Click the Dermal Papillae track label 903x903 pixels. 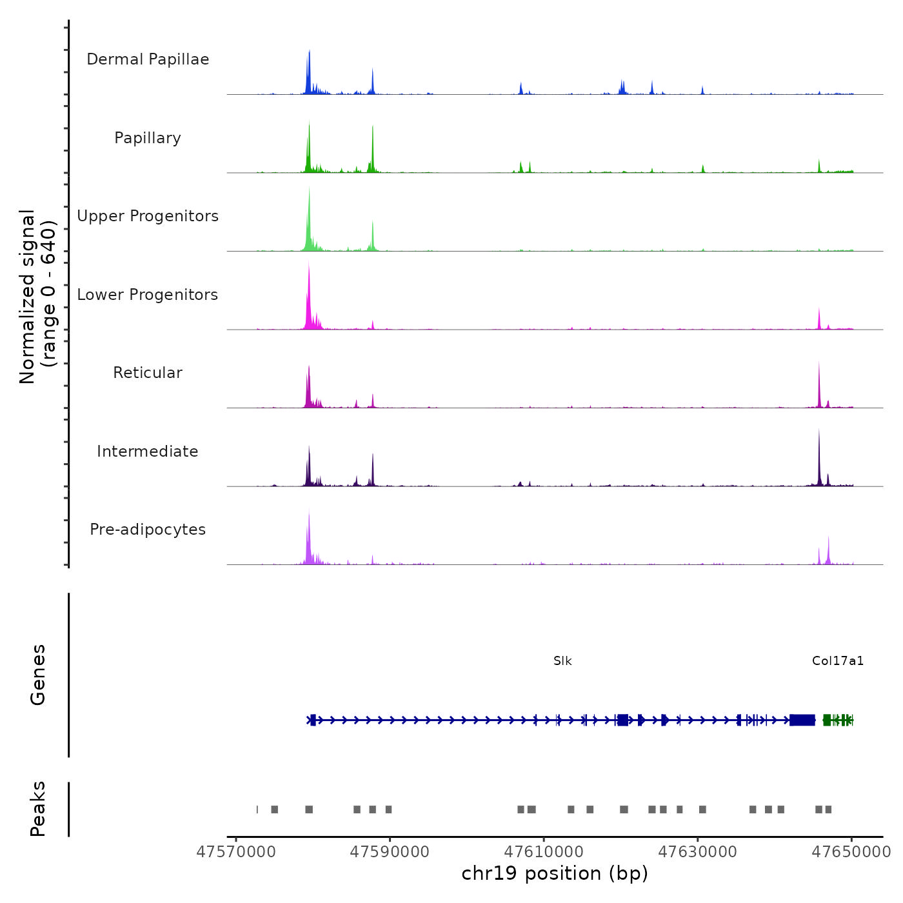(x=148, y=59)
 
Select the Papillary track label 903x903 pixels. (x=148, y=138)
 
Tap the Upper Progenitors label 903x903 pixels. (x=148, y=216)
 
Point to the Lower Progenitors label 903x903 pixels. (x=148, y=295)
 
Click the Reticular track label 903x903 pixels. (x=148, y=373)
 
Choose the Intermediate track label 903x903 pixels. (x=148, y=451)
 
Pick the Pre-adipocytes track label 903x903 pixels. (x=148, y=530)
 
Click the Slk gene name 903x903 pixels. (x=562, y=661)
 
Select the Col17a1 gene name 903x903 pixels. (x=837, y=661)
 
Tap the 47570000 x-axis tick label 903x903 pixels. (x=236, y=852)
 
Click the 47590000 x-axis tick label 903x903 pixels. (x=390, y=852)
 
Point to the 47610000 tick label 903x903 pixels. (x=544, y=852)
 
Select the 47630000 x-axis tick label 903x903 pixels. (x=697, y=852)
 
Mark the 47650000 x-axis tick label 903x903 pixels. (x=851, y=852)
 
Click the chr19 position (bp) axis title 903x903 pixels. (x=555, y=874)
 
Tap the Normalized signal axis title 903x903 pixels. (x=37, y=297)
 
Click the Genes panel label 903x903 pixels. (x=38, y=675)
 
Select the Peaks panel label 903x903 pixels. (x=38, y=809)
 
